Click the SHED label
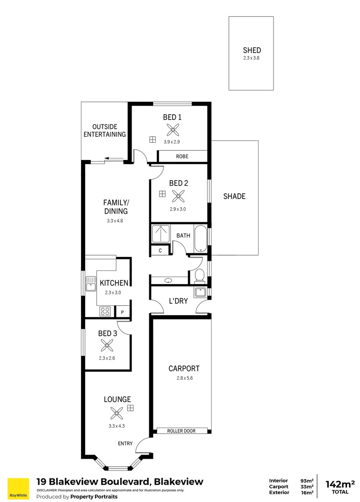(252, 50)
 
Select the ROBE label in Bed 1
(182, 157)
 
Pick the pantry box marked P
(122, 312)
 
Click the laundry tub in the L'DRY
(201, 292)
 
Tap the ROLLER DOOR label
(181, 431)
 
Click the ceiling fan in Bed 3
(107, 345)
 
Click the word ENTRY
(125, 443)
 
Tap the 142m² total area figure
(340, 483)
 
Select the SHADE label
(234, 197)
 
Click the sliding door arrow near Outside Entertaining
(110, 159)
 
